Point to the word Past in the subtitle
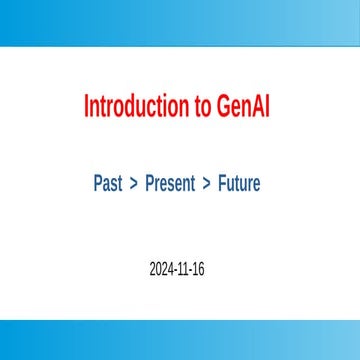coord(108,184)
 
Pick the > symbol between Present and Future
coord(207,184)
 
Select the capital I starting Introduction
coord(86,107)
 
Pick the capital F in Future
coord(222,184)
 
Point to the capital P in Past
coord(98,184)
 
